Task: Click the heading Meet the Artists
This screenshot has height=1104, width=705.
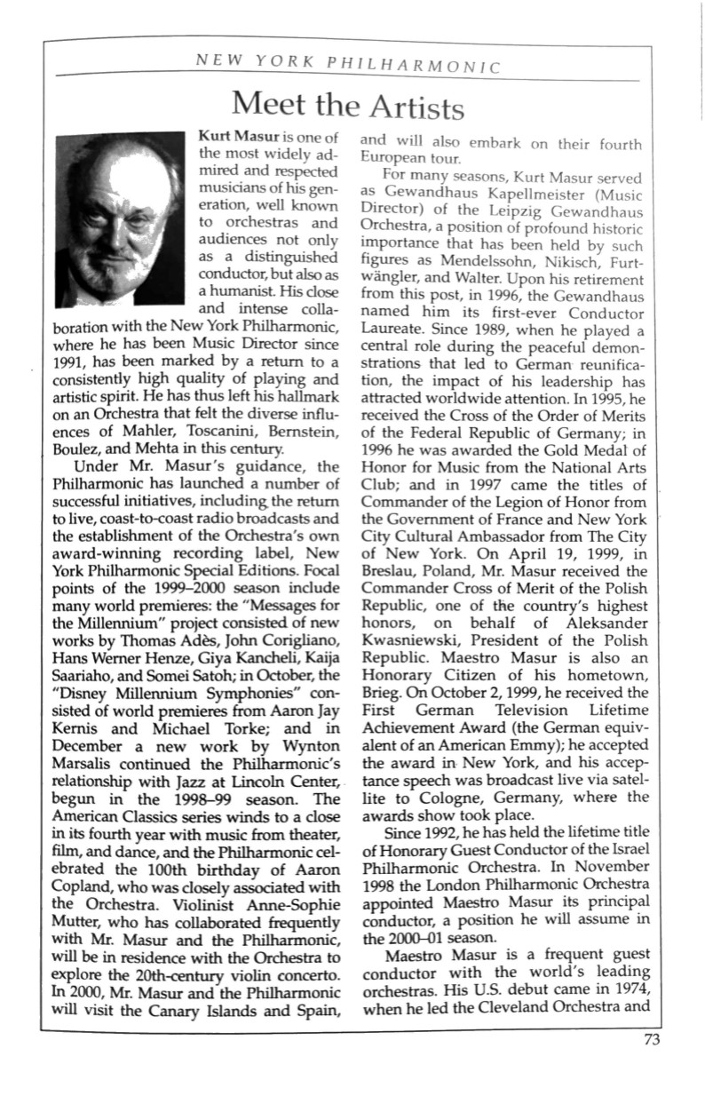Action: pos(346,106)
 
